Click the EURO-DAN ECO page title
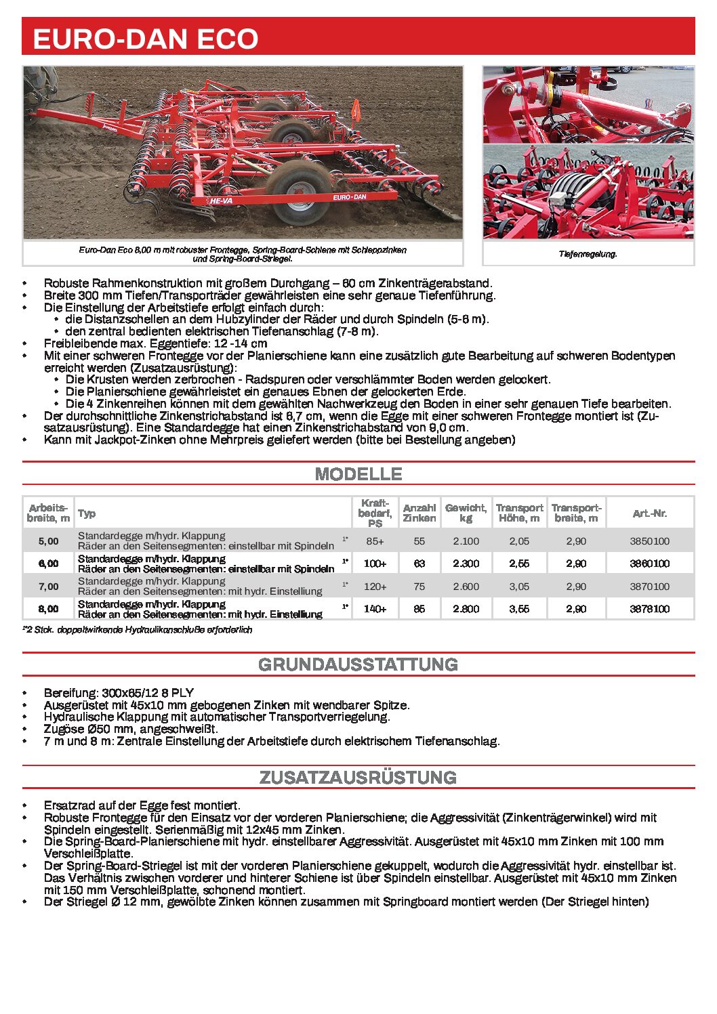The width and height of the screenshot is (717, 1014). pos(146,39)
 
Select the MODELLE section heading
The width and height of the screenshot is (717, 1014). pos(358,474)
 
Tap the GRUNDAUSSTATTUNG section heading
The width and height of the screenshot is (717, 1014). pos(358,664)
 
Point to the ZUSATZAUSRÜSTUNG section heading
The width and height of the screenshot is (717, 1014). pos(358,778)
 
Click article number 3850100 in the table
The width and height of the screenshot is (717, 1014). pos(649,541)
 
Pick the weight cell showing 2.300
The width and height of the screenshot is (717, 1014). pos(466,564)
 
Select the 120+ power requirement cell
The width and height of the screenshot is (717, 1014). pos(375,587)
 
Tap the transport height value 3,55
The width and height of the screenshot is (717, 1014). pos(519,609)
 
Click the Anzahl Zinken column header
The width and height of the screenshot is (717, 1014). pos(419,513)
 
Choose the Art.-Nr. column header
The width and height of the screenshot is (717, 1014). pos(649,513)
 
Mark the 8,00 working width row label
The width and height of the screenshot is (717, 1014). pos(48,609)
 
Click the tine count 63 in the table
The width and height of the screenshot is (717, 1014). pos(419,564)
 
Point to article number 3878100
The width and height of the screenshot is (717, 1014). pos(649,609)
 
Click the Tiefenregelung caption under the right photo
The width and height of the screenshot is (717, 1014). pos(588,254)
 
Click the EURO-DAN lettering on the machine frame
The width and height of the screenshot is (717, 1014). pos(349,197)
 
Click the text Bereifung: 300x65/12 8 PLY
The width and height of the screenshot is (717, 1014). pos(119,693)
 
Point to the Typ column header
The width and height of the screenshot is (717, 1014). pos(87,513)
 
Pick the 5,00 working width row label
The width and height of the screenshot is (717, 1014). pos(48,541)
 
